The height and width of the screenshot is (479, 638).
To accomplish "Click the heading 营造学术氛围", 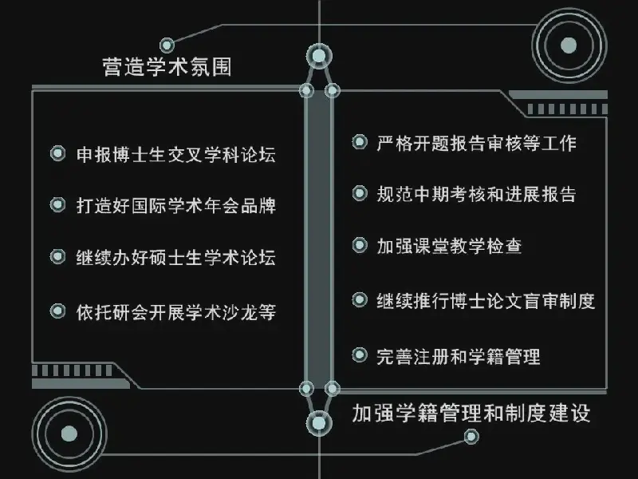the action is [167, 66].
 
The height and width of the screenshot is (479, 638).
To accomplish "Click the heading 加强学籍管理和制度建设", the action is [471, 413].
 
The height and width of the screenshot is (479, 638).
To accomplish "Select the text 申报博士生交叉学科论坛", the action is [176, 155].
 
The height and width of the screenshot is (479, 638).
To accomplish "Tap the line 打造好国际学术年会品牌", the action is [176, 206].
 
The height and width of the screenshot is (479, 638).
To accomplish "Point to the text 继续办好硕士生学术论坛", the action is [176, 257].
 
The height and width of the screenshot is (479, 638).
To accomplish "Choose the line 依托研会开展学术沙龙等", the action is [176, 312].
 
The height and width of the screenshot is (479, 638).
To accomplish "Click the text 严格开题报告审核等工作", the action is [476, 144].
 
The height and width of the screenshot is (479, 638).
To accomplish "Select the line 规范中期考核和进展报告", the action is [476, 194].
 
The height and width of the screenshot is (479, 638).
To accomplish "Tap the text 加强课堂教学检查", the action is [449, 246].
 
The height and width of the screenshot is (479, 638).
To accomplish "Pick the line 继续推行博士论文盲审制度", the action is [486, 301].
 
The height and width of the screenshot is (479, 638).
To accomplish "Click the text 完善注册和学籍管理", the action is [459, 356].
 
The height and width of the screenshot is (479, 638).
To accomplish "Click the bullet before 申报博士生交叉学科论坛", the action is [57, 153].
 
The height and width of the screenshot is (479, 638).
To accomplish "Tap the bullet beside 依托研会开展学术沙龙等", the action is [57, 311].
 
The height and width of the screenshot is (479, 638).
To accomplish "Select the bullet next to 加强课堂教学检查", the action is [360, 245].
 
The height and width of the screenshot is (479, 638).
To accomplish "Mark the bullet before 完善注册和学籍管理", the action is [360, 354].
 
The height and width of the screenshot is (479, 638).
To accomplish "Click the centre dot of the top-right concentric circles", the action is [569, 46].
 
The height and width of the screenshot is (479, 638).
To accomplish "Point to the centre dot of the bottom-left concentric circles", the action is [69, 433].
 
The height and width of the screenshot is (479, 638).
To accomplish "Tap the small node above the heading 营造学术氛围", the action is [167, 45].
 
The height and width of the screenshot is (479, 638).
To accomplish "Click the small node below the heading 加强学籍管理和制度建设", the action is [471, 437].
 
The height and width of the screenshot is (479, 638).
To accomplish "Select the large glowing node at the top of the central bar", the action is [319, 57].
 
